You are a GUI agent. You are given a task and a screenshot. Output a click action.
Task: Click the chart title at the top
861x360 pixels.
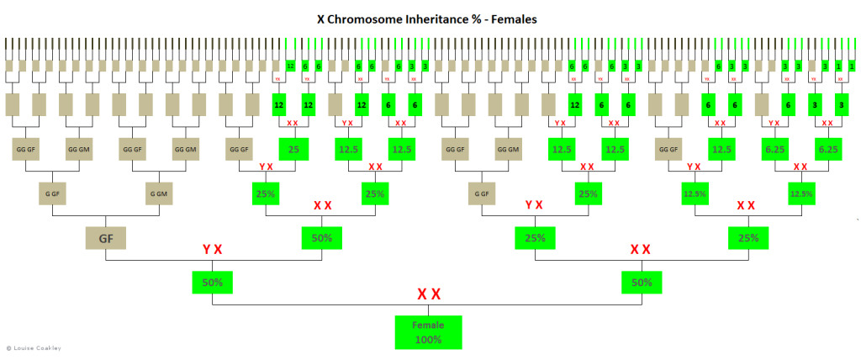[430, 16]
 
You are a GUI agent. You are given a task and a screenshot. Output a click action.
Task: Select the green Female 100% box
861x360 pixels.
[430, 332]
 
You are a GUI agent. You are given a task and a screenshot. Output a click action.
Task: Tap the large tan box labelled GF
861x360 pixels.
[105, 238]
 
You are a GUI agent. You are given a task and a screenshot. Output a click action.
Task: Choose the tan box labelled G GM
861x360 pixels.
[158, 193]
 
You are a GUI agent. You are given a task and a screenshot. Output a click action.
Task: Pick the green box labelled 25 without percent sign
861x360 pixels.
[294, 149]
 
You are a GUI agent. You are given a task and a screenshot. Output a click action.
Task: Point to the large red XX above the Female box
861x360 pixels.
[430, 294]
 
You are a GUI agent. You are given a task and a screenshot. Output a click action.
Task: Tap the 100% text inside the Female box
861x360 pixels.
[430, 340]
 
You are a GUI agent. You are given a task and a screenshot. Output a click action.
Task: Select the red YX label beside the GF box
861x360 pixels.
[211, 250]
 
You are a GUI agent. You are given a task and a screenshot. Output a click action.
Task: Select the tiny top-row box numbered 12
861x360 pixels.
[290, 66]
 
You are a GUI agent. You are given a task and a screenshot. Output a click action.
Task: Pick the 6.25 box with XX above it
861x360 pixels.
[827, 149]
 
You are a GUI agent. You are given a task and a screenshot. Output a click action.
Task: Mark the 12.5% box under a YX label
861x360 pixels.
[695, 193]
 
